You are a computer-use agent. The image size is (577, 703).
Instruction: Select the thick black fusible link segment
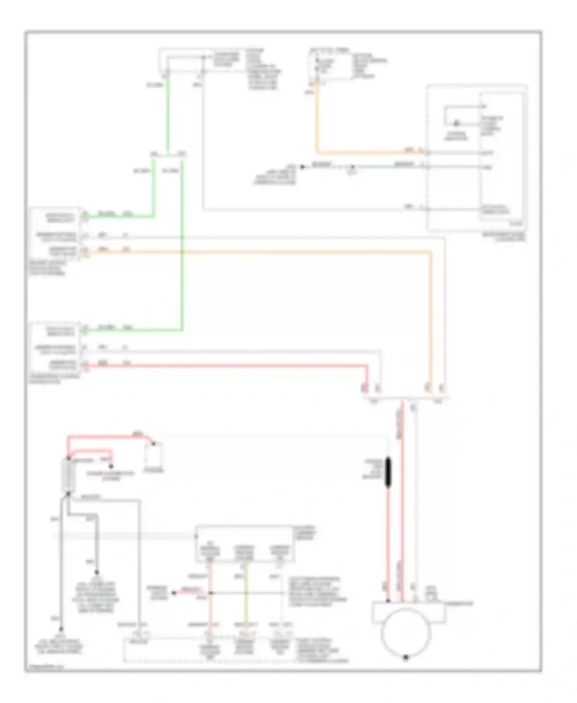(x=388, y=472)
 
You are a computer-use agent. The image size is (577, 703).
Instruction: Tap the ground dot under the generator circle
(x=405, y=658)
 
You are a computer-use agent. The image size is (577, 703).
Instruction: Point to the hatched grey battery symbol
(x=68, y=475)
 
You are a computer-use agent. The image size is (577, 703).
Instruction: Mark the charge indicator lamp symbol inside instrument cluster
(x=457, y=123)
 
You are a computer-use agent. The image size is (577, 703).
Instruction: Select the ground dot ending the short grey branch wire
(x=97, y=572)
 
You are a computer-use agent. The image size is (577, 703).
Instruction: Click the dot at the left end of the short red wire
(x=174, y=593)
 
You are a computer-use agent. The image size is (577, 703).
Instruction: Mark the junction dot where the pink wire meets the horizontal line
(x=210, y=593)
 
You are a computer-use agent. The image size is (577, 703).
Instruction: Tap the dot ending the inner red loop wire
(x=112, y=463)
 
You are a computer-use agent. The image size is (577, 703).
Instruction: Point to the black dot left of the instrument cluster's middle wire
(x=302, y=167)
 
